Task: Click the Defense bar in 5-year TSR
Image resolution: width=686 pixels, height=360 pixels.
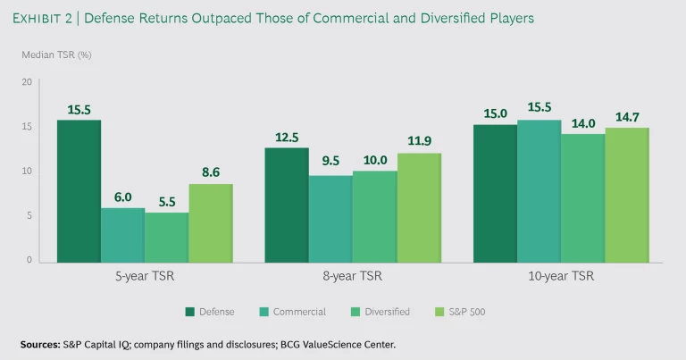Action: (x=79, y=191)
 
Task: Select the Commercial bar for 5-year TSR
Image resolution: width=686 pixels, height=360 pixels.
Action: (x=122, y=235)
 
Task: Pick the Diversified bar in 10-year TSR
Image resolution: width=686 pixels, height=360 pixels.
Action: (x=583, y=198)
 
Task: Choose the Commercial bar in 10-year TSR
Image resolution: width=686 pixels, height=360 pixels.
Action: (x=540, y=191)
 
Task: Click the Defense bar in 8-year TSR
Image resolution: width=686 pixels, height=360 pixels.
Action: (x=287, y=205)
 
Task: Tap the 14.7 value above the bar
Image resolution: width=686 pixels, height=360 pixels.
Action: (x=627, y=117)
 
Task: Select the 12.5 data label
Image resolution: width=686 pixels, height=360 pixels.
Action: (x=287, y=137)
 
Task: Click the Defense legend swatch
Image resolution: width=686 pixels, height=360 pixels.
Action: (x=190, y=312)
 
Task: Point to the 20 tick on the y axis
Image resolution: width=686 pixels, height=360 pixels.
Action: (x=27, y=82)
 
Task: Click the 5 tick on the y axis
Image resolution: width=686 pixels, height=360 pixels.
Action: (x=29, y=216)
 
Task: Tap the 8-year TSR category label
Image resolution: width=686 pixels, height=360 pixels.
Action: (x=353, y=277)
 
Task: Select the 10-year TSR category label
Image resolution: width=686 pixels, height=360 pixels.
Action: (x=560, y=277)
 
